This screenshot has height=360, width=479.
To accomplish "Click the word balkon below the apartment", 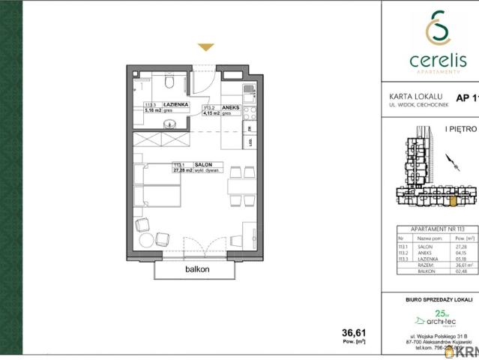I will point(196,269).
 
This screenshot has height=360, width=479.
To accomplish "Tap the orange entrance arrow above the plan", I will point(205,48).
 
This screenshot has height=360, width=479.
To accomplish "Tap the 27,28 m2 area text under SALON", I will point(184,170).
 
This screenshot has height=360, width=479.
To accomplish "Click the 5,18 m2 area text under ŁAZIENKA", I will point(154,110).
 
